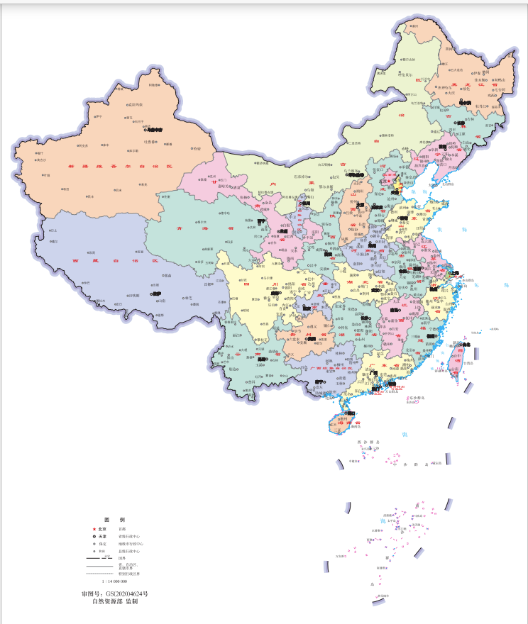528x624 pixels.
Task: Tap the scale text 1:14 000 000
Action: [x=114, y=581]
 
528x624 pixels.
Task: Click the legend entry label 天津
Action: [x=102, y=536]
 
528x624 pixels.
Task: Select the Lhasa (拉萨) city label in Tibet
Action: [x=156, y=294]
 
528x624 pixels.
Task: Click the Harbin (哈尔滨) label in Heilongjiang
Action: [x=465, y=103]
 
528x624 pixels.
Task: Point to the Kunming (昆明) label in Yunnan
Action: [x=262, y=360]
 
